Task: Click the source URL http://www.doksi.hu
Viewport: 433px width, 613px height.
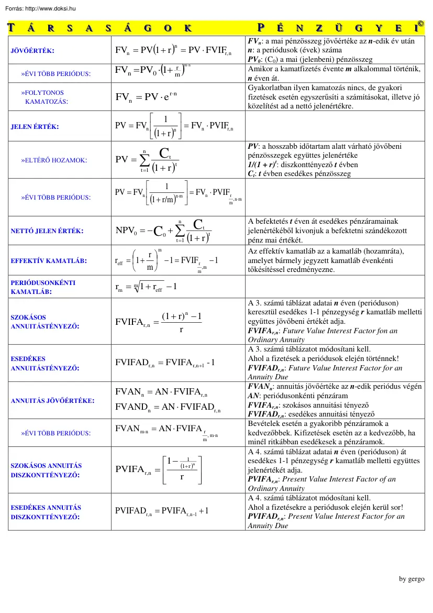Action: pos(50,9)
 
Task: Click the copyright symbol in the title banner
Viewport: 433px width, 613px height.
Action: pos(420,24)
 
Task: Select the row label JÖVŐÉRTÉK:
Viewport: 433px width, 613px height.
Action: pos(33,51)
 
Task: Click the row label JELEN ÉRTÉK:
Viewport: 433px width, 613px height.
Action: pos(35,126)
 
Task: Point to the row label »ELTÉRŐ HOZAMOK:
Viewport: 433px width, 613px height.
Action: pos(53,160)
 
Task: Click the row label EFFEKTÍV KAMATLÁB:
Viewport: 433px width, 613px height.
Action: pos(49,260)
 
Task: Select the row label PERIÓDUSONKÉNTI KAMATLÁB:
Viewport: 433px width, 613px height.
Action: pos(43,287)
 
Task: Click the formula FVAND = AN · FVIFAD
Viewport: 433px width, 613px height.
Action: pos(167,407)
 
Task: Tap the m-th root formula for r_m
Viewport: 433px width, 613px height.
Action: pos(146,287)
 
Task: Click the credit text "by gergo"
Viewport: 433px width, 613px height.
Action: pos(412,579)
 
